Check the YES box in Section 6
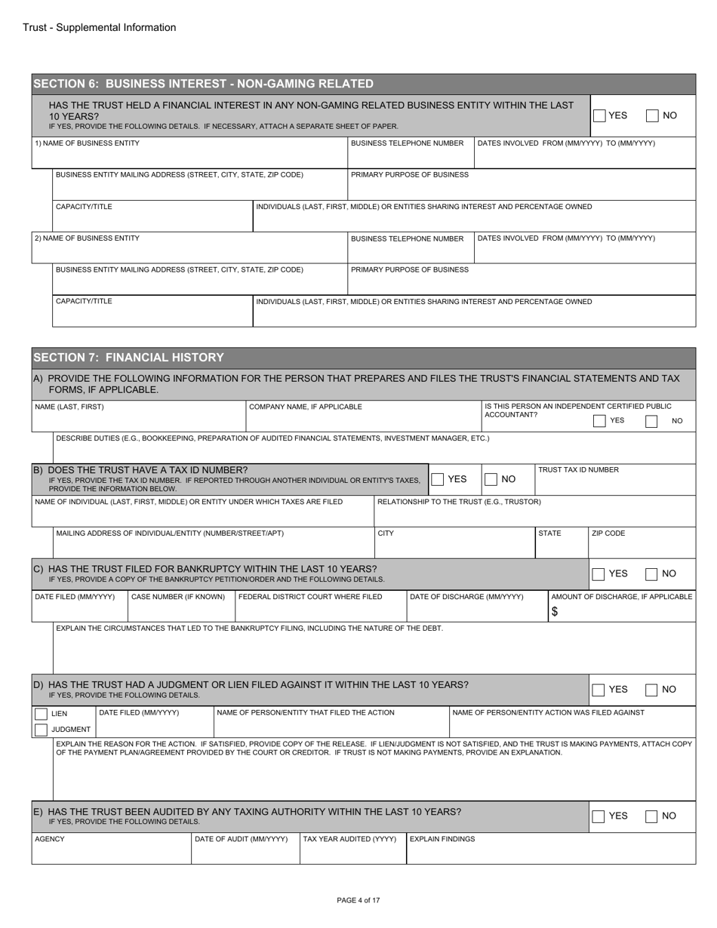pyautogui.click(x=599, y=115)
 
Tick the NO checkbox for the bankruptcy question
pyautogui.click(x=653, y=574)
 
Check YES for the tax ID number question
pyautogui.click(x=437, y=479)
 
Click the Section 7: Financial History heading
pyautogui.click(x=129, y=357)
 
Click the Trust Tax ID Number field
pyautogui.click(x=615, y=483)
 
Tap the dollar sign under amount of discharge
pyautogui.click(x=555, y=613)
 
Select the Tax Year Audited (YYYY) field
pyautogui.click(x=352, y=852)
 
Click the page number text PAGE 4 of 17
pyautogui.click(x=358, y=900)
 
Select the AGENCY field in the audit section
pyautogui.click(x=111, y=852)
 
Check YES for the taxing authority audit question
pyautogui.click(x=599, y=816)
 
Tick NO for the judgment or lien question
pyautogui.click(x=653, y=690)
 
